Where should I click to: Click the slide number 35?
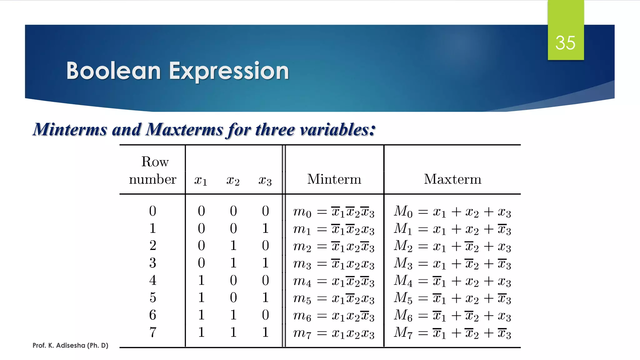point(565,43)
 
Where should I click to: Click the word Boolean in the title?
point(114,71)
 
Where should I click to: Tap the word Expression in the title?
point(229,72)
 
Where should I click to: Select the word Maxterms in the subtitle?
point(184,129)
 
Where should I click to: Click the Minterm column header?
point(334,179)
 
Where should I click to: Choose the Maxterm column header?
point(452,179)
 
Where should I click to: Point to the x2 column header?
point(233,180)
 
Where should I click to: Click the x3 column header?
point(265,180)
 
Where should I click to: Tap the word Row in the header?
point(155,162)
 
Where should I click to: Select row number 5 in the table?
point(152,297)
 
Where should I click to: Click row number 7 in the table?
point(152,332)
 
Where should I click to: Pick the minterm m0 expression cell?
point(334,212)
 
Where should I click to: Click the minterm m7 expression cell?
point(334,333)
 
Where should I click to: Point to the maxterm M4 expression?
point(452,281)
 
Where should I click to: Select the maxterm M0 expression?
point(452,212)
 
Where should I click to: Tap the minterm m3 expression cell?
point(334,264)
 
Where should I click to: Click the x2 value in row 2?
point(233,246)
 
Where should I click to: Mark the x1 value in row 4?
point(201,280)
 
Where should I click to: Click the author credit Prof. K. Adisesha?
point(70,345)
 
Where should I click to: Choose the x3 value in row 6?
point(265,315)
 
